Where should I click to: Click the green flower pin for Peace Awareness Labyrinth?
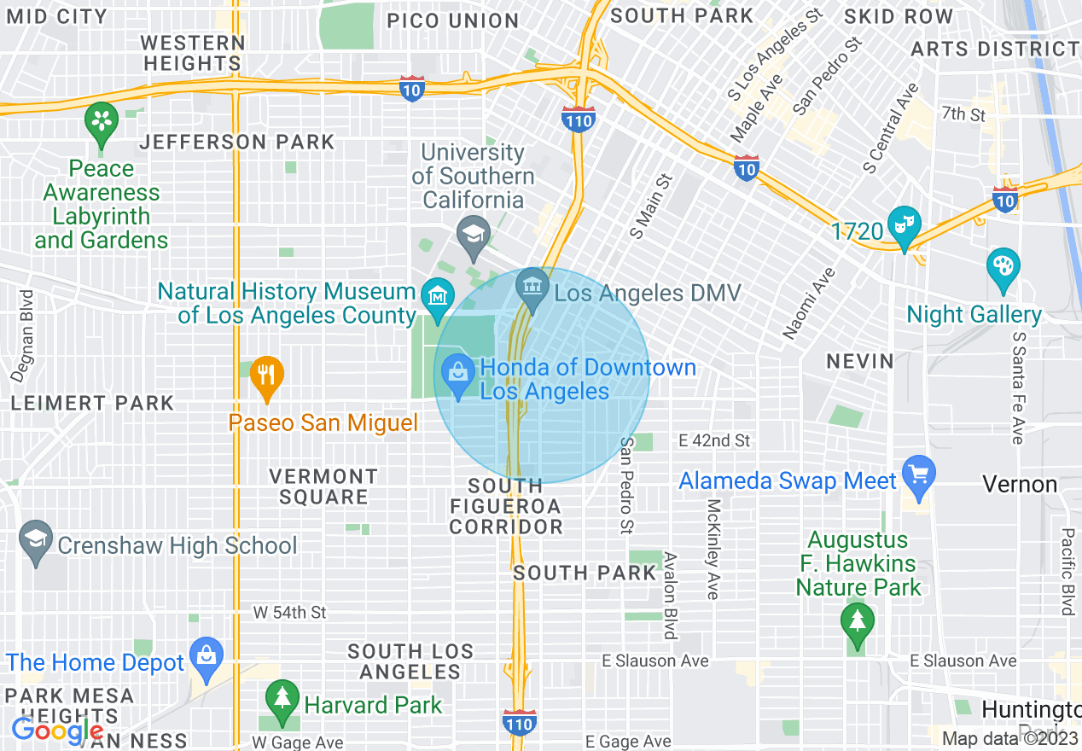pyautogui.click(x=102, y=121)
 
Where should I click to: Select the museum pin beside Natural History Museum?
pyautogui.click(x=437, y=297)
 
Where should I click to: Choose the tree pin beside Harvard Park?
pyautogui.click(x=281, y=699)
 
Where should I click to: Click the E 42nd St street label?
pyautogui.click(x=714, y=440)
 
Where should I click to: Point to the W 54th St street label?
pyautogui.click(x=290, y=613)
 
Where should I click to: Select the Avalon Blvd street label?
pyautogui.click(x=671, y=596)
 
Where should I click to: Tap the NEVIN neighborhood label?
pyautogui.click(x=860, y=362)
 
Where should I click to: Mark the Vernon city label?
pyautogui.click(x=1019, y=485)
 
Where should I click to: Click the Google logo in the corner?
pyautogui.click(x=57, y=731)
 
